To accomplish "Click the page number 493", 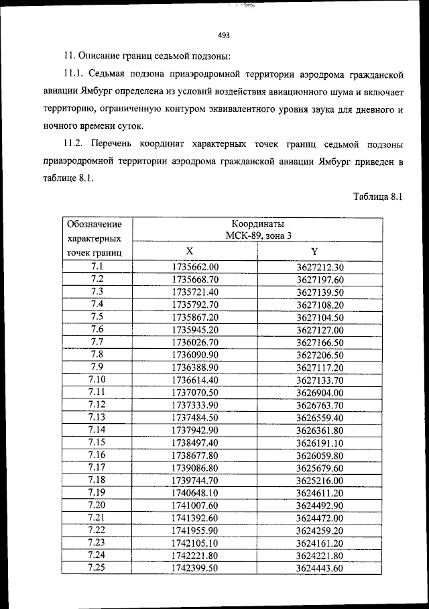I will pyautogui.click(x=224, y=36).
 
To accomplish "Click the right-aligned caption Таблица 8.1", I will pyautogui.click(x=376, y=197).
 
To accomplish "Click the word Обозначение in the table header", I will pyautogui.click(x=95, y=223).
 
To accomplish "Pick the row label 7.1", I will pyautogui.click(x=97, y=267).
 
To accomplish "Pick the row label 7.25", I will pyautogui.click(x=97, y=568).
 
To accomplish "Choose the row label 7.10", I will pyautogui.click(x=97, y=380).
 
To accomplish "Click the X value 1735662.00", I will pyautogui.click(x=195, y=267).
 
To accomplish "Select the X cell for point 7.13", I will pyautogui.click(x=195, y=417).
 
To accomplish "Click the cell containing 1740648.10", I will pyautogui.click(x=195, y=493).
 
